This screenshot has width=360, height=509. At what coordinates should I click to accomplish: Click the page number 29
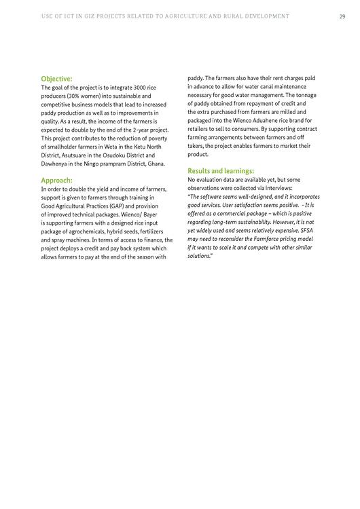[x=342, y=16]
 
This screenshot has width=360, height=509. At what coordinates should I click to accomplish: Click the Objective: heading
[x=56, y=79]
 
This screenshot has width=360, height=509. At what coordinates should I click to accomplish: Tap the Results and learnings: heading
[x=221, y=171]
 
